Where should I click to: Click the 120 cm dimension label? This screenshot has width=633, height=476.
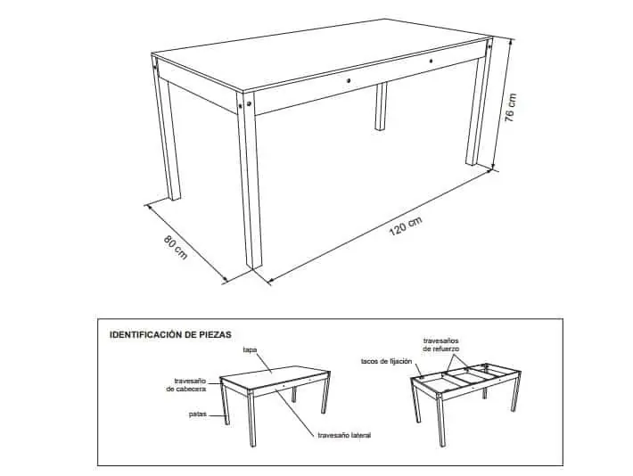(x=406, y=226)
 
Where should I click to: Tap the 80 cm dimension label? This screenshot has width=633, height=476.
(x=176, y=247)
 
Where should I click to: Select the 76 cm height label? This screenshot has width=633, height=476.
(x=510, y=108)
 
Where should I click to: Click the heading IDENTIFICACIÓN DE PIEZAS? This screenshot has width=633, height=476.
(x=171, y=334)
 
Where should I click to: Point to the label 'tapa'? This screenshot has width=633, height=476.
(x=250, y=349)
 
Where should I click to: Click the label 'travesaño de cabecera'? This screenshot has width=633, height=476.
(x=186, y=385)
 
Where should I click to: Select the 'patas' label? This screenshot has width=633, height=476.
(x=198, y=414)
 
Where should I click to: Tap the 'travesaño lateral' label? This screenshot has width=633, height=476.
(x=344, y=435)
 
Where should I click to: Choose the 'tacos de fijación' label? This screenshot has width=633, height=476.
(x=386, y=361)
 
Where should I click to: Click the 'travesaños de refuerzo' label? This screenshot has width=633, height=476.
(x=440, y=345)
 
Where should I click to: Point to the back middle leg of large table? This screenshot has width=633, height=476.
(x=381, y=106)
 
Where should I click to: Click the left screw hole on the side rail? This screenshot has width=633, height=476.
(x=349, y=81)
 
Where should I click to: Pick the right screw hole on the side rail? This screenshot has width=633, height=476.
(x=432, y=62)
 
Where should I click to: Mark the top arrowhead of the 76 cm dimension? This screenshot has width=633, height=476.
(x=511, y=40)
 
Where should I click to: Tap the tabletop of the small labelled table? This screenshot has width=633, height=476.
(x=275, y=376)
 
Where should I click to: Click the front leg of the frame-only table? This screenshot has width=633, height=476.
(x=441, y=420)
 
